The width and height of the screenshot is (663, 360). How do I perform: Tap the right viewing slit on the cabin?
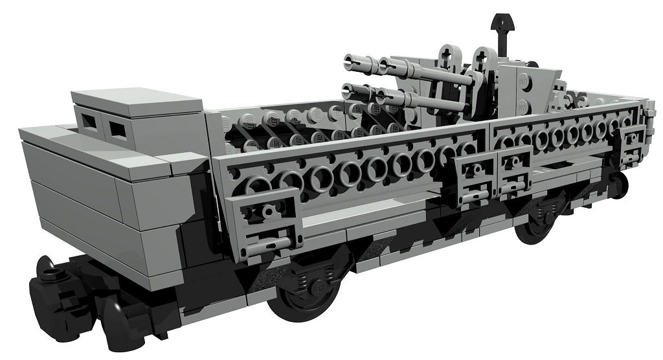coord(117,130)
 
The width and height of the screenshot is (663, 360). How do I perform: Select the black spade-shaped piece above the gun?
coord(500,26)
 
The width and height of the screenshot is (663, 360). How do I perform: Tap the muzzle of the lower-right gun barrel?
coord(383,98)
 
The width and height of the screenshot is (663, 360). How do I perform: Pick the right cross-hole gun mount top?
coord(482,56)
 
